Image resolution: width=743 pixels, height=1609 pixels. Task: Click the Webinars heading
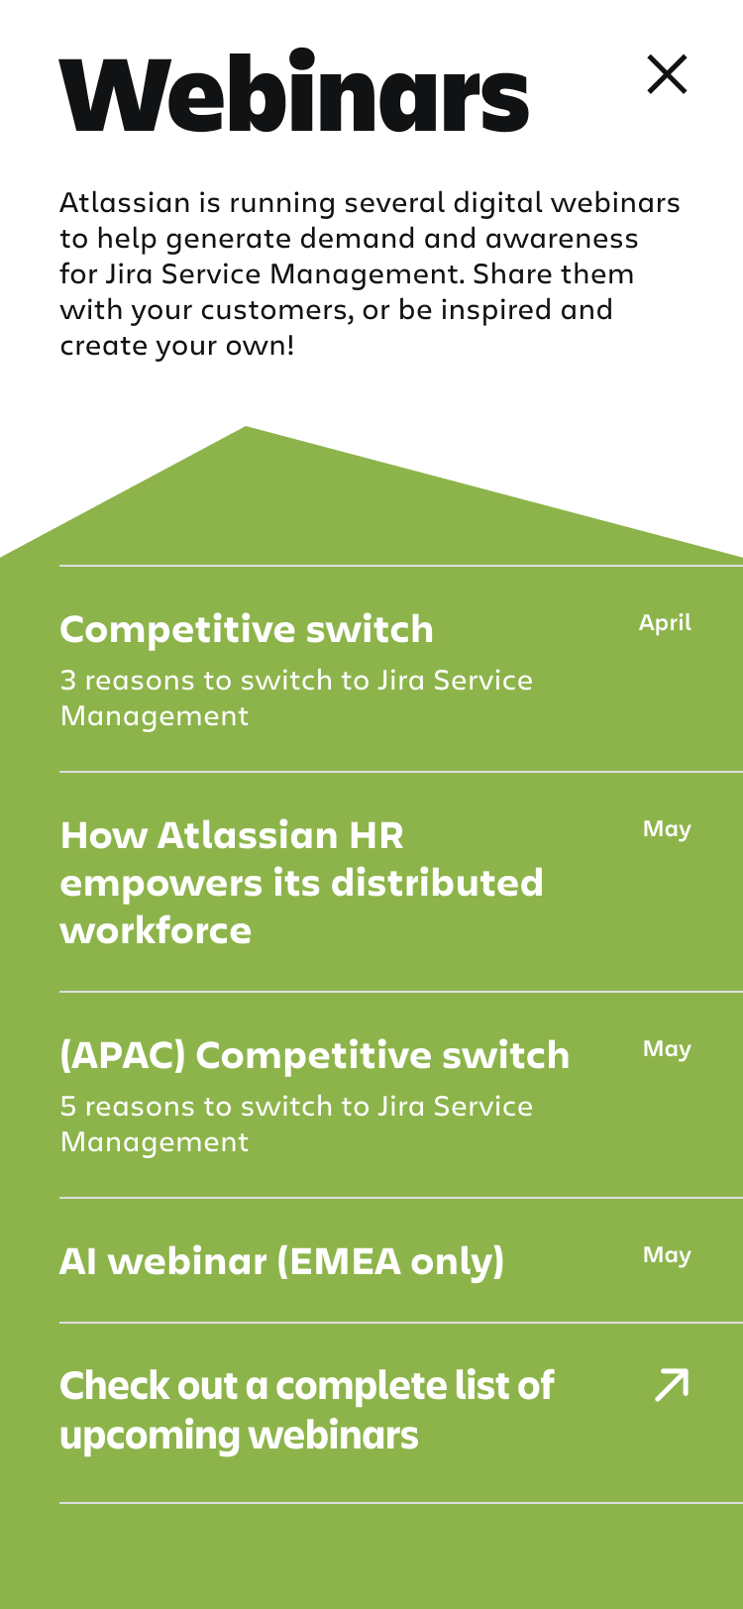click(x=294, y=91)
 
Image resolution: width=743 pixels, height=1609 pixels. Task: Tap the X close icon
click(x=667, y=74)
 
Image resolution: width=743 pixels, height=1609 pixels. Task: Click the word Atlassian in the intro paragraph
click(x=125, y=203)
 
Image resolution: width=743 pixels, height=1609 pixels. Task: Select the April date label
click(x=665, y=623)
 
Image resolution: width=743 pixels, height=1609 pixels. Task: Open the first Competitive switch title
click(x=247, y=629)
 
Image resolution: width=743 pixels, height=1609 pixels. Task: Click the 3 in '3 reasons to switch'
click(x=67, y=681)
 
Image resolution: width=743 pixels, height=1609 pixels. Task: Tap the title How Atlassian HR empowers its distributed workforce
click(x=302, y=883)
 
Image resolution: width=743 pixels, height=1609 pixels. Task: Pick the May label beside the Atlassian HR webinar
click(x=667, y=829)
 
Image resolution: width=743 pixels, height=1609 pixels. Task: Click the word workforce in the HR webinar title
click(x=156, y=931)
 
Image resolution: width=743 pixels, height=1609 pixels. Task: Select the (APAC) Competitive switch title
click(x=315, y=1056)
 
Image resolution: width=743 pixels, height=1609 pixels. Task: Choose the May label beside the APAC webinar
click(x=667, y=1049)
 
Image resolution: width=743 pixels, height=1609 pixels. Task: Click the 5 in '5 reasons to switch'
click(x=67, y=1106)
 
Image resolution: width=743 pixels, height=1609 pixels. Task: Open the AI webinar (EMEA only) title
click(x=281, y=1262)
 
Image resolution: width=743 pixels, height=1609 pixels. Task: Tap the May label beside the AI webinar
click(x=667, y=1255)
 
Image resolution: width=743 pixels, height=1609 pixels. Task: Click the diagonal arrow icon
click(x=672, y=1385)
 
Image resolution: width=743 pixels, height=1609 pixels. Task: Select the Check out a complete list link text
click(x=307, y=1411)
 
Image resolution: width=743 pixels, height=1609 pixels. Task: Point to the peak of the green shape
click(x=246, y=427)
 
